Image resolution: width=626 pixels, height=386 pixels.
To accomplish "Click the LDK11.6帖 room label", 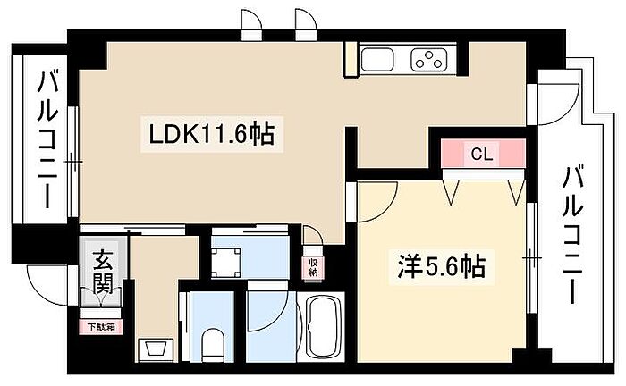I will tap(211, 136).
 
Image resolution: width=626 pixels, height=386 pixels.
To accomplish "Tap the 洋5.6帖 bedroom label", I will tap(442, 265).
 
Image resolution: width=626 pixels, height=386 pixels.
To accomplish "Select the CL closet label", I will tap(482, 154).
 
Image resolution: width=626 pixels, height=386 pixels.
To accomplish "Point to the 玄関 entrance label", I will tap(100, 275).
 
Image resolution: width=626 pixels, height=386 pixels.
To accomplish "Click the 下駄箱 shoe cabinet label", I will tap(100, 327).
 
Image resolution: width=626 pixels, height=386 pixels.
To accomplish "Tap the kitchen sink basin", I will tap(376, 60).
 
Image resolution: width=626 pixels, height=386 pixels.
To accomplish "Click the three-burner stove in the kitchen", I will tap(428, 60).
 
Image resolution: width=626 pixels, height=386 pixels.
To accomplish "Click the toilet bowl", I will tap(212, 342).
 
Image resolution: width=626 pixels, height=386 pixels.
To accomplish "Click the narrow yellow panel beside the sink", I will tap(351, 60).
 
